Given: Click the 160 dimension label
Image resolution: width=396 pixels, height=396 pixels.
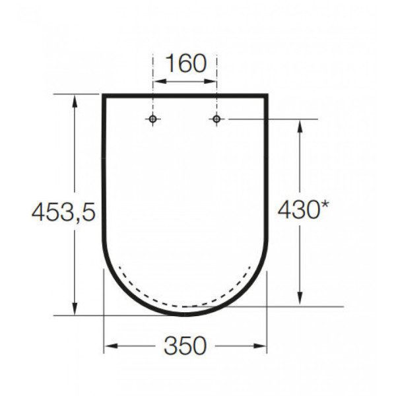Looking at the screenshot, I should (x=185, y=64).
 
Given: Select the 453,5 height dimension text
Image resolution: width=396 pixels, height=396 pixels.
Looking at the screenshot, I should (x=64, y=212).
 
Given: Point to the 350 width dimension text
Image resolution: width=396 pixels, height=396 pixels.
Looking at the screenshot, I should (x=185, y=345).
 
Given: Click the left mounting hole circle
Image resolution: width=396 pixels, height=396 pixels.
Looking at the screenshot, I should (x=153, y=119).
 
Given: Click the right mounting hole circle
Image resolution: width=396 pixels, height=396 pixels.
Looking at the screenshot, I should (x=216, y=119).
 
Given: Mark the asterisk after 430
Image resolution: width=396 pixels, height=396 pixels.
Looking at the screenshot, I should (x=325, y=207).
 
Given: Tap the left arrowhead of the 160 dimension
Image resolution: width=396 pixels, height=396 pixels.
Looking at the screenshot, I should (x=157, y=82).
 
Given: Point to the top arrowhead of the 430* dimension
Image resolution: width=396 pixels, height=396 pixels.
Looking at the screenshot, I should (x=300, y=124).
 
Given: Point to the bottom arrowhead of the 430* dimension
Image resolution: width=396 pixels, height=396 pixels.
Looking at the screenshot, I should (x=300, y=301).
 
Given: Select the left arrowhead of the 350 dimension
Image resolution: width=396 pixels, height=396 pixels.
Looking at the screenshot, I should (x=109, y=345).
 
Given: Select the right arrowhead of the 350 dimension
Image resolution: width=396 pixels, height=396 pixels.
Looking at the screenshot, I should (x=263, y=345).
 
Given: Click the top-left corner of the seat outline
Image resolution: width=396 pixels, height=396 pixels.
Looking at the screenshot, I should (x=104, y=96).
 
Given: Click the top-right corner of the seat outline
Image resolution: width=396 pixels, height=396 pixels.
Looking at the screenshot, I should (x=267, y=96).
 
